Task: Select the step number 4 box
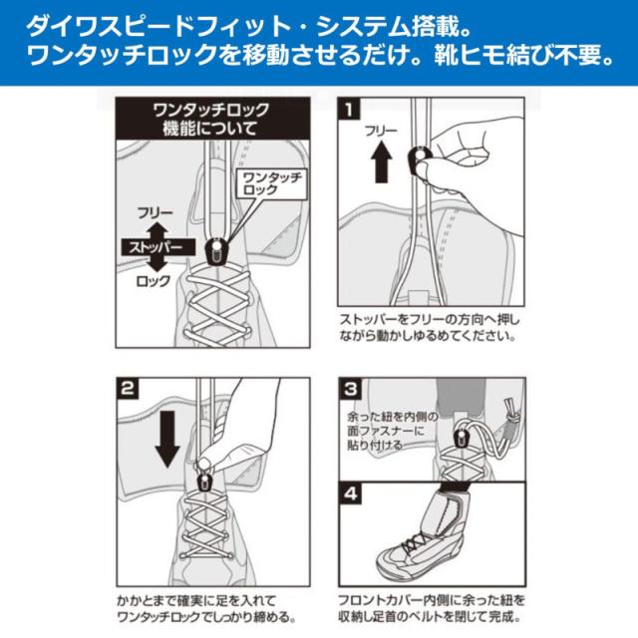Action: point(349,491)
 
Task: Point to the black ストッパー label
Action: point(153,246)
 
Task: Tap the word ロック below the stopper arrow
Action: point(153,281)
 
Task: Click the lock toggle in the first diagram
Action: point(214,247)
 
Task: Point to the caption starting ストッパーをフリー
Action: point(429,327)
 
